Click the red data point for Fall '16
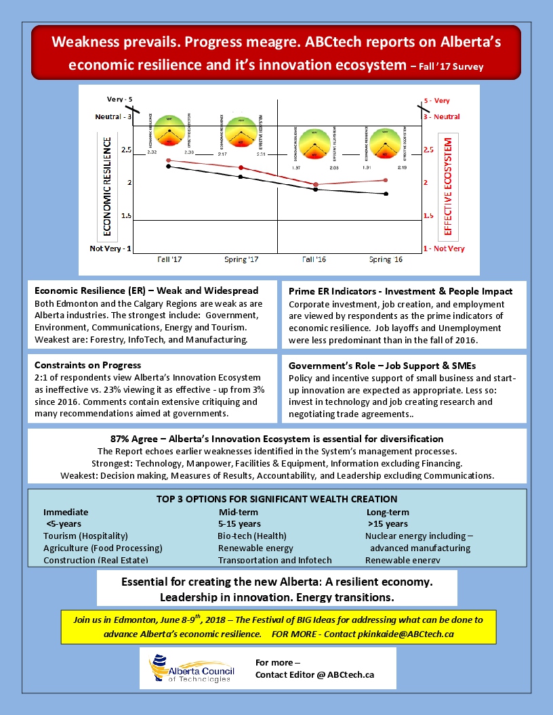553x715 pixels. tap(316, 184)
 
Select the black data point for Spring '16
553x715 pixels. tap(386, 194)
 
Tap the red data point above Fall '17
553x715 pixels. tap(168, 160)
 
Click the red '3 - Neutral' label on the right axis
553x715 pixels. tap(441, 116)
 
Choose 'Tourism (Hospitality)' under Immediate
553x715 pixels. tap(85, 536)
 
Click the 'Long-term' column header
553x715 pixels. tap(388, 512)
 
